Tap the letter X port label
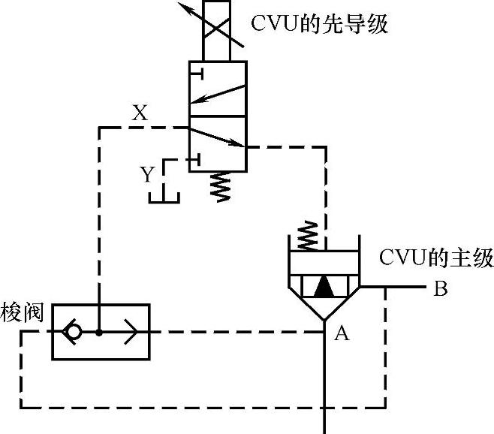point(140,114)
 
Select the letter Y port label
point(148,176)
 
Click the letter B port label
point(441,289)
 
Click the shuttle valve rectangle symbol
point(101,331)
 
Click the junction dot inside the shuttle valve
point(99,331)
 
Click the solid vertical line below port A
point(324,383)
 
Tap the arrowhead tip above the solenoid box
point(181,5)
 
